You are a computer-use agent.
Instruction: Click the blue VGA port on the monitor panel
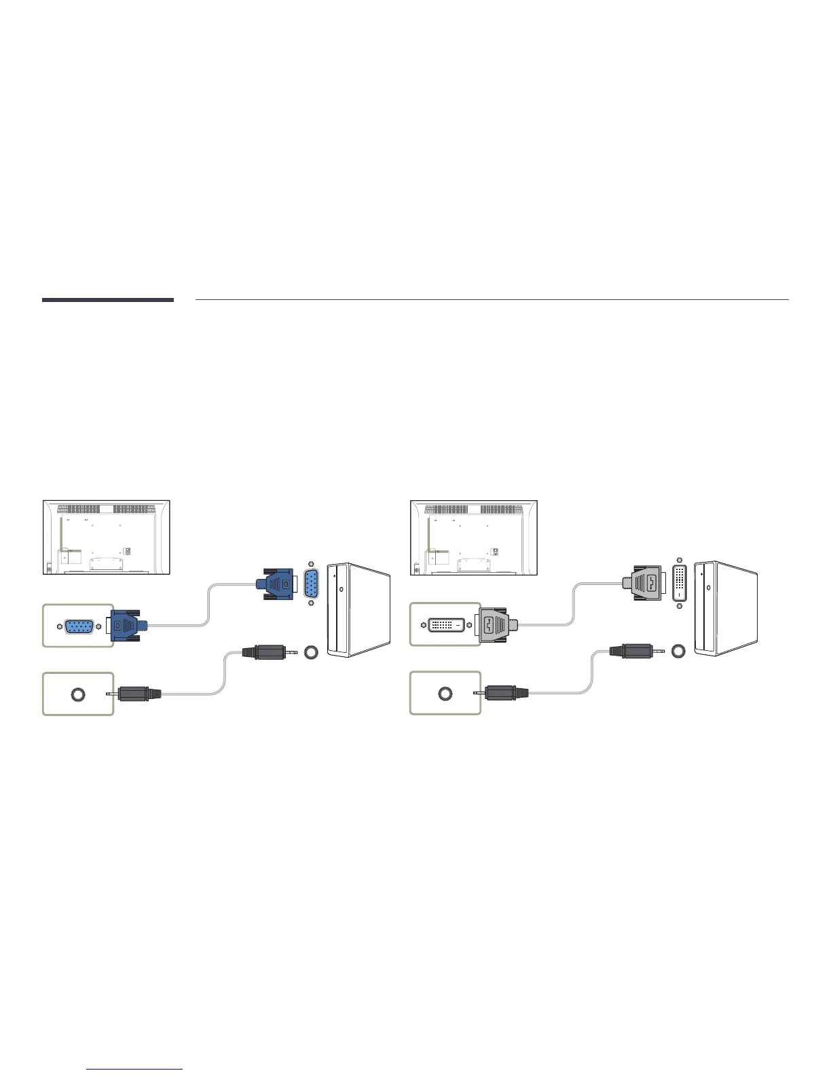79,626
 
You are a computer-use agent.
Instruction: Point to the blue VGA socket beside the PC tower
312,584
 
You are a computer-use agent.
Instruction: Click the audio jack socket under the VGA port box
78,694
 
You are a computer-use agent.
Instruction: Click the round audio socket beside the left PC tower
311,652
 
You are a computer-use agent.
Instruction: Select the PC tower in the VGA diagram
359,609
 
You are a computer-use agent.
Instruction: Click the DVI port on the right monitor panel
445,623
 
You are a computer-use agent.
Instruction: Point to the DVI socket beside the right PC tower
679,582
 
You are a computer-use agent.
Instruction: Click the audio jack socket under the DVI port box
445,694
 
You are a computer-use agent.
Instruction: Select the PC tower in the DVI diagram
726,607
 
